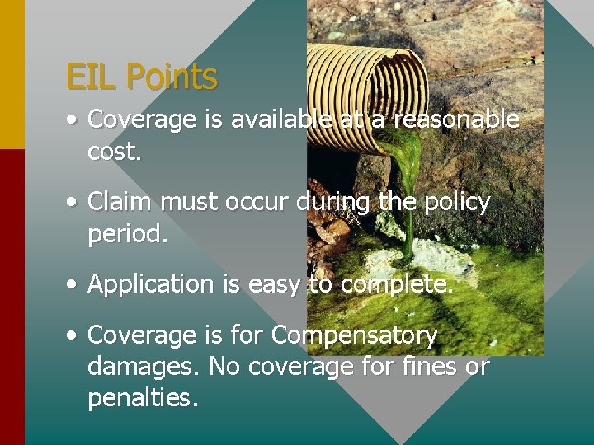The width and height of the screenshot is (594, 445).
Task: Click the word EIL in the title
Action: click(x=92, y=77)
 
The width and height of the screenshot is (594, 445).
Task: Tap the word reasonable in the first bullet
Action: click(x=456, y=120)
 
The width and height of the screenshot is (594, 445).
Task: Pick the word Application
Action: click(x=151, y=284)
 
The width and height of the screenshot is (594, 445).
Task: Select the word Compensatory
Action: click(x=354, y=335)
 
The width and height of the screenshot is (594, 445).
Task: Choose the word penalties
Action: click(x=142, y=398)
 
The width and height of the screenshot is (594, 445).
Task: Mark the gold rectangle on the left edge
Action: click(x=12, y=74)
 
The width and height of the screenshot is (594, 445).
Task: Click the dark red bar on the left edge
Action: click(x=12, y=297)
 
